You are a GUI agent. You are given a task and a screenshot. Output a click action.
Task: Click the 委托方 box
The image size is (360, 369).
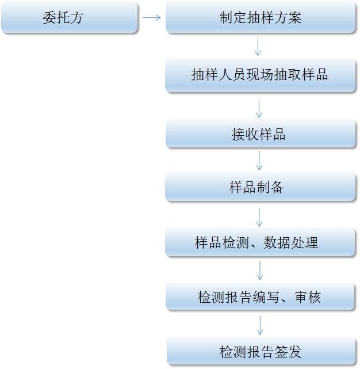tap(69, 17)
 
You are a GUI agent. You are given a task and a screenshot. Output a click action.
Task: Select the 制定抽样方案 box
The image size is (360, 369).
tap(260, 17)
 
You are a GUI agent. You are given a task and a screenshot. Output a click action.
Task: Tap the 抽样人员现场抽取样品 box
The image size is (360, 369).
tap(260, 75)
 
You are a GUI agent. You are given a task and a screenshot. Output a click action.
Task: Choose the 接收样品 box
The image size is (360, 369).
tap(260, 134)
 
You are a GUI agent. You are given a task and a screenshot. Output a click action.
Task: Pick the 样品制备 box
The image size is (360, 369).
tap(260, 187)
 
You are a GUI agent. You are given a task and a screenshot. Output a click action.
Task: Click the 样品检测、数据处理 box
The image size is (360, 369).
tap(260, 242)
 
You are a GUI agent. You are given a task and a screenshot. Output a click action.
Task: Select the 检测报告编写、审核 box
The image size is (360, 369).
tap(260, 297)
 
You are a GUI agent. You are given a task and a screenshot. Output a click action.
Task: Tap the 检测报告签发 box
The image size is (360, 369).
tap(261, 351)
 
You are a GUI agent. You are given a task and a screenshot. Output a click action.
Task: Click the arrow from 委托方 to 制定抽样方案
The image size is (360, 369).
tap(151, 17)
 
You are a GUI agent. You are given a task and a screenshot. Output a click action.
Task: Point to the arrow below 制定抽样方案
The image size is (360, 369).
tap(258, 46)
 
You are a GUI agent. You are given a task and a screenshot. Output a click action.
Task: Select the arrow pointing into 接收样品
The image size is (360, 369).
tap(259, 108)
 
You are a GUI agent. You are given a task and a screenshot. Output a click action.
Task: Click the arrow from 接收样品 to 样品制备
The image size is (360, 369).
tap(259, 161)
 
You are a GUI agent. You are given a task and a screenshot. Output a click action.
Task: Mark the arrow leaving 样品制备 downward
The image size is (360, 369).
tap(259, 216)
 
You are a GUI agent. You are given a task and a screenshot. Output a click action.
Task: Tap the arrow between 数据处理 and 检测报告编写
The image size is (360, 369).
tap(260, 270)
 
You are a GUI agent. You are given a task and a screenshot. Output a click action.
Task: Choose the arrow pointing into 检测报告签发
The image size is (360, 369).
tap(260, 325)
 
